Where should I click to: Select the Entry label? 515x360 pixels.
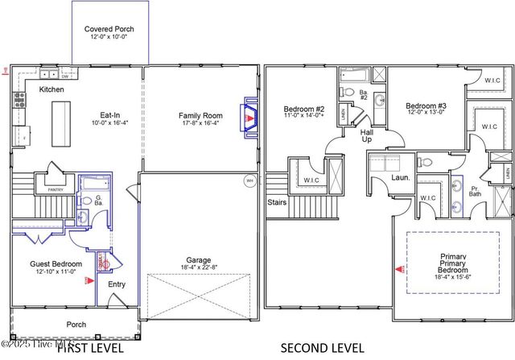[x=117, y=283]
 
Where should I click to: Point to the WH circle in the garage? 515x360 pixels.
[x=249, y=181]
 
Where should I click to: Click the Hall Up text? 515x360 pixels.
[x=366, y=134]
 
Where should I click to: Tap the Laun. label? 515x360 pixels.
[x=401, y=177]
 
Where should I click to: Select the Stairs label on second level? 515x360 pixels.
[x=278, y=203]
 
